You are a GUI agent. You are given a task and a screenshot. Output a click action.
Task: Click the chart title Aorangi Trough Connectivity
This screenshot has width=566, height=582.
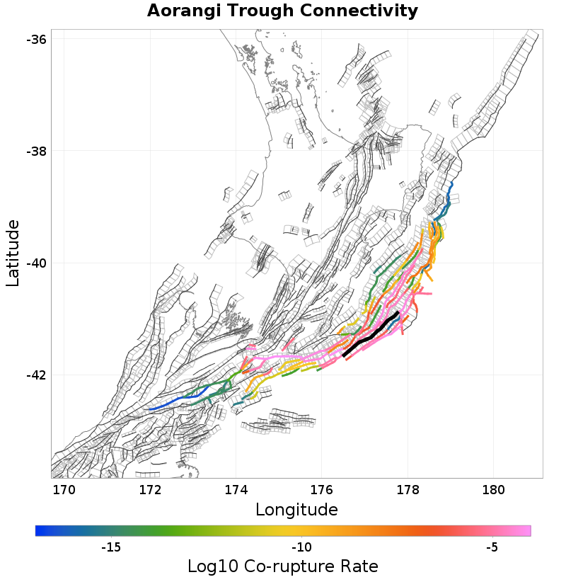point(282,11)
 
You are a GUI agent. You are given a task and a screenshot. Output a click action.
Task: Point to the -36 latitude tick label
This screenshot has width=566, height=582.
point(37,39)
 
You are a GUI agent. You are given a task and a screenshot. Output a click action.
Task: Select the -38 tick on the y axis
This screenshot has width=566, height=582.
point(37,151)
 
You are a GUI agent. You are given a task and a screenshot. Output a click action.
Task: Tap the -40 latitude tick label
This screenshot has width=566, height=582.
point(37,263)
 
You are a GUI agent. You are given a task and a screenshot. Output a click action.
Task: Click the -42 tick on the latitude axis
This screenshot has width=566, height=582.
point(37,375)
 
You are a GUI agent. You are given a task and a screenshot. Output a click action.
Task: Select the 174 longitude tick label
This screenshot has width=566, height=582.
point(236,489)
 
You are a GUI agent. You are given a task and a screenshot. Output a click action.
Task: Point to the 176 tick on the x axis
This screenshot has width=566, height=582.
point(322,489)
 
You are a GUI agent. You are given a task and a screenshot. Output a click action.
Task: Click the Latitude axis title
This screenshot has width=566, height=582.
point(13,253)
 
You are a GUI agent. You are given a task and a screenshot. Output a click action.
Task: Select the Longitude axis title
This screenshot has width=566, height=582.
point(296,509)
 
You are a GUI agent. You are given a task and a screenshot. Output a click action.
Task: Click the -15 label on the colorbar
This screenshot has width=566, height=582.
point(112,547)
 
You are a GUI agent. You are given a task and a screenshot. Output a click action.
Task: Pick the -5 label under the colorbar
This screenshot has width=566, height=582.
point(492,547)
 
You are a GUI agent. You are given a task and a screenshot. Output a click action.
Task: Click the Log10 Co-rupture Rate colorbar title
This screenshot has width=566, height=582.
point(282,566)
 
